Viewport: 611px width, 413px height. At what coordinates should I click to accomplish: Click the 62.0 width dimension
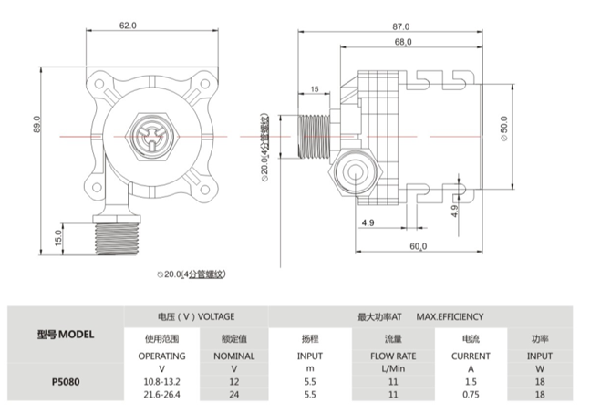(128, 26)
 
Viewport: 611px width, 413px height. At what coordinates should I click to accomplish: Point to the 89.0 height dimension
(36, 124)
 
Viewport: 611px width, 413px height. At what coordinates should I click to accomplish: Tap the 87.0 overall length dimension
(401, 26)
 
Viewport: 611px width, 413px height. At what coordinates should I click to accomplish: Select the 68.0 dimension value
(403, 42)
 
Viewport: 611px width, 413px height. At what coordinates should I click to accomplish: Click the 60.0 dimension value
(418, 246)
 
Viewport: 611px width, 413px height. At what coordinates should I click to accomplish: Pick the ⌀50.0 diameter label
(503, 129)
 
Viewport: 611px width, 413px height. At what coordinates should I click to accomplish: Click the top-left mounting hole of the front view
(99, 84)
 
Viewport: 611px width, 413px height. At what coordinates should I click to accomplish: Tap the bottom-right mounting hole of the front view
(205, 191)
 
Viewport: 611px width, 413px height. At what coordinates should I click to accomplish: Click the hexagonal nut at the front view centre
(151, 137)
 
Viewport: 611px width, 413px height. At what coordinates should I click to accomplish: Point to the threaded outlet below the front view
(118, 239)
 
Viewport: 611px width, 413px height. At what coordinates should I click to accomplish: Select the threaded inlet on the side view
(314, 137)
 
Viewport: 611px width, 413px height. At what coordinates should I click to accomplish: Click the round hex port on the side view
(355, 173)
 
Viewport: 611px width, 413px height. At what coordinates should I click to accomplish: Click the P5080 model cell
(66, 382)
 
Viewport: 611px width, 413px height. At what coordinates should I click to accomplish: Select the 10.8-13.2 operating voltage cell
(161, 382)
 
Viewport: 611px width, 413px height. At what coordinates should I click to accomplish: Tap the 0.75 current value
(471, 395)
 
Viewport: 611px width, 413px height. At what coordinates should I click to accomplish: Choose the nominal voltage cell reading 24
(233, 395)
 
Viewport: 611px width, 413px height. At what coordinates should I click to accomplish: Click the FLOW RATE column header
(393, 356)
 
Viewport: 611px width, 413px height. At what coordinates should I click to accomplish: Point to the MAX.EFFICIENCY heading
(450, 316)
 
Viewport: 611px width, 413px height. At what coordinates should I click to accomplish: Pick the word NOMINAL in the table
(233, 356)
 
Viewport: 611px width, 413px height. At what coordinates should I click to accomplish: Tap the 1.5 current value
(471, 382)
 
